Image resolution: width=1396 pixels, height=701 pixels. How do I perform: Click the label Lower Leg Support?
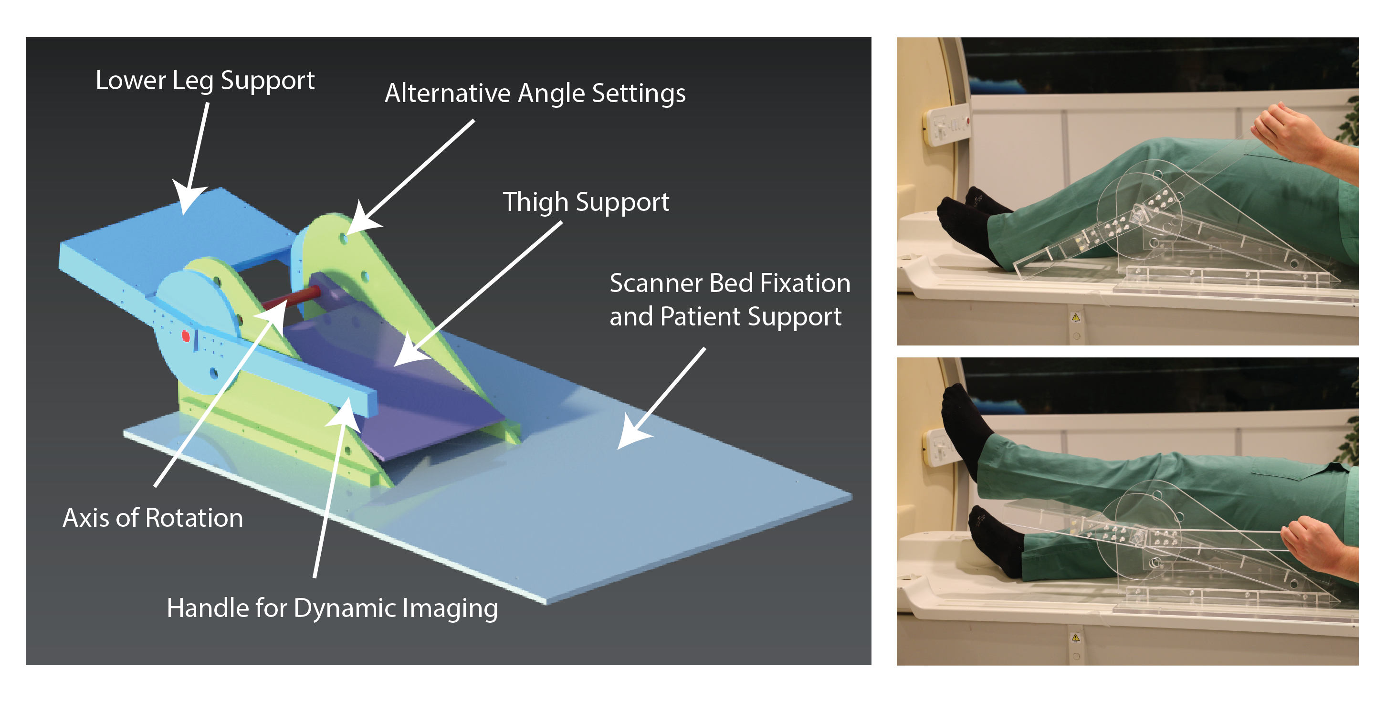click(x=205, y=81)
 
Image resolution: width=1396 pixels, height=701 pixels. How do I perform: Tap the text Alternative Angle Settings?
click(x=535, y=93)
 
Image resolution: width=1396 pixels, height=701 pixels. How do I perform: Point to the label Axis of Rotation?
click(x=153, y=518)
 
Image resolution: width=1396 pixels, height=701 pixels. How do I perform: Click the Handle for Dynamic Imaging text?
click(x=332, y=608)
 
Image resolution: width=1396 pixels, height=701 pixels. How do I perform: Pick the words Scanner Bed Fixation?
click(x=730, y=283)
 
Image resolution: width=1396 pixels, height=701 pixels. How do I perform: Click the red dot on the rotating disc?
click(x=186, y=336)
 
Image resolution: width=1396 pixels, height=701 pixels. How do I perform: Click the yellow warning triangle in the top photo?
click(x=1076, y=317)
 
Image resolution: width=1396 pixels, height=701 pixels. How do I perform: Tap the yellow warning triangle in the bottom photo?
click(x=1076, y=638)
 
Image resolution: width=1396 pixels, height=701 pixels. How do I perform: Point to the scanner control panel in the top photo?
click(x=947, y=126)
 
